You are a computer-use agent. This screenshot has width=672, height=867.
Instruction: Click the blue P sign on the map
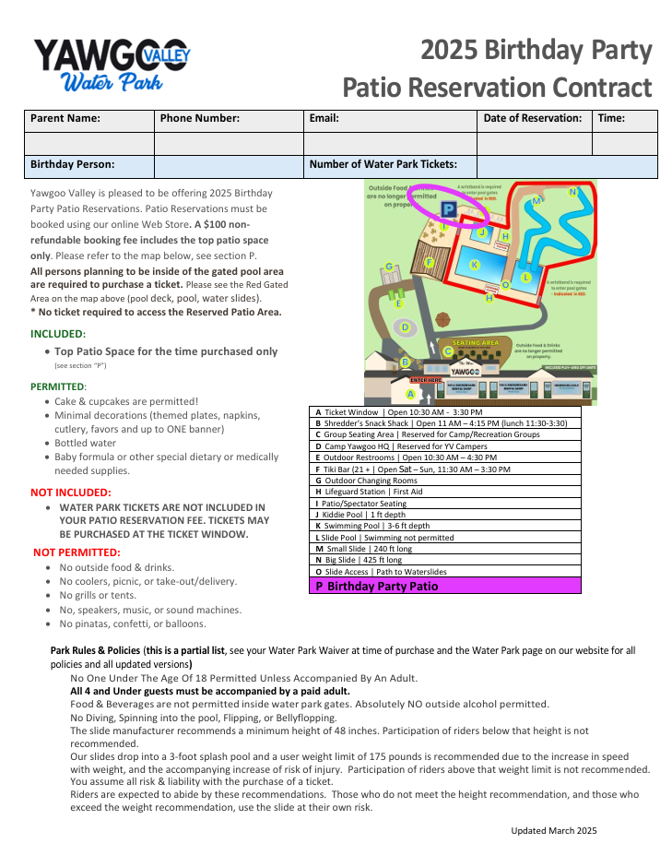pyautogui.click(x=449, y=209)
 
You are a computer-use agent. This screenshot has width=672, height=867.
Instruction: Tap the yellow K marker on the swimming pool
pyautogui.click(x=475, y=265)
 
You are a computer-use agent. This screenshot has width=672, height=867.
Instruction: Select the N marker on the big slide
pyautogui.click(x=572, y=193)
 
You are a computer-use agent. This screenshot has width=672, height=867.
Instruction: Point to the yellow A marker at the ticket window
pyautogui.click(x=410, y=394)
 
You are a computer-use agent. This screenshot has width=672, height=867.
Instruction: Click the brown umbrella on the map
pyautogui.click(x=443, y=319)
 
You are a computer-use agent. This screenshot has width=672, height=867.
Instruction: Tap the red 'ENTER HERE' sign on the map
pyautogui.click(x=426, y=379)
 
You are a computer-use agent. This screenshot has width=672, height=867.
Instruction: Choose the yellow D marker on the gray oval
pyautogui.click(x=405, y=327)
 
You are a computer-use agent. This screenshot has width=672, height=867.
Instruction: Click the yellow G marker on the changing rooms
pyautogui.click(x=389, y=267)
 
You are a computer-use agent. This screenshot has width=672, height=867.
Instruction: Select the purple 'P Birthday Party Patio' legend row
pyautogui.click(x=445, y=586)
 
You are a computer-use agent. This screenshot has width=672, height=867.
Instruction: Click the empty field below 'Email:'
pyautogui.click(x=389, y=143)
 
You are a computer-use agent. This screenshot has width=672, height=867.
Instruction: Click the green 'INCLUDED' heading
pyautogui.click(x=57, y=333)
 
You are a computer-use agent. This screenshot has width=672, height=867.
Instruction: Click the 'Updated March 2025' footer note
pyautogui.click(x=554, y=830)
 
